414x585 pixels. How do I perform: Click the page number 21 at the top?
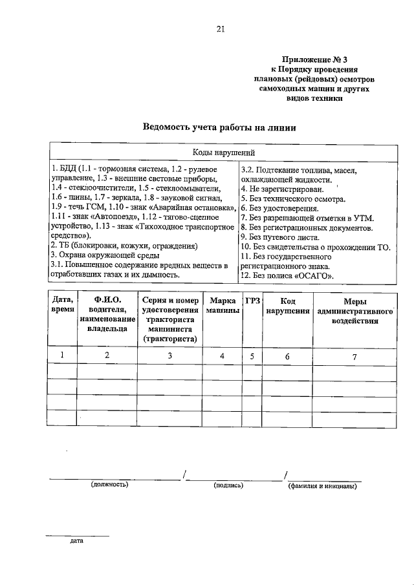[221, 28]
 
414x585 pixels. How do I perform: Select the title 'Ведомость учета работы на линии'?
[220, 127]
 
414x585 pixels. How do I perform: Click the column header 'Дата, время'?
[62, 306]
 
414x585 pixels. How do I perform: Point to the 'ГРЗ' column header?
[252, 301]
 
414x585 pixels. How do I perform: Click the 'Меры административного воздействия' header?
[354, 310]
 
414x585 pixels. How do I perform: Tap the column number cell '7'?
[354, 355]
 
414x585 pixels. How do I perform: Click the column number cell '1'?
[62, 355]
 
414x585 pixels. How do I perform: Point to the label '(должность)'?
[109, 484]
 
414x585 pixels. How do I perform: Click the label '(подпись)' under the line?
[227, 484]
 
